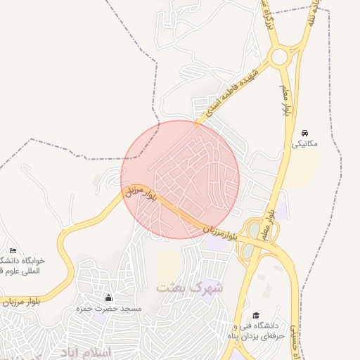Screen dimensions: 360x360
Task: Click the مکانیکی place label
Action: pos(305,143)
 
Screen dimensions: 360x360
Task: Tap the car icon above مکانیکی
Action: pos(304,133)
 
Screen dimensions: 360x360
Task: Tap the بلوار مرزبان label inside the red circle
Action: pos(139,195)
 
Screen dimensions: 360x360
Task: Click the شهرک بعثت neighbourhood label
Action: pos(190,288)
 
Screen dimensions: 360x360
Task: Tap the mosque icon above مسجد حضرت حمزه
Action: pos(108,298)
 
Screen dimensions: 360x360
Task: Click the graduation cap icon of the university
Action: pos(255,316)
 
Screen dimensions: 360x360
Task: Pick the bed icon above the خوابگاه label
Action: pos(13,251)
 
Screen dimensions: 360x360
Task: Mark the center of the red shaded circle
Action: pos(180,179)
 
